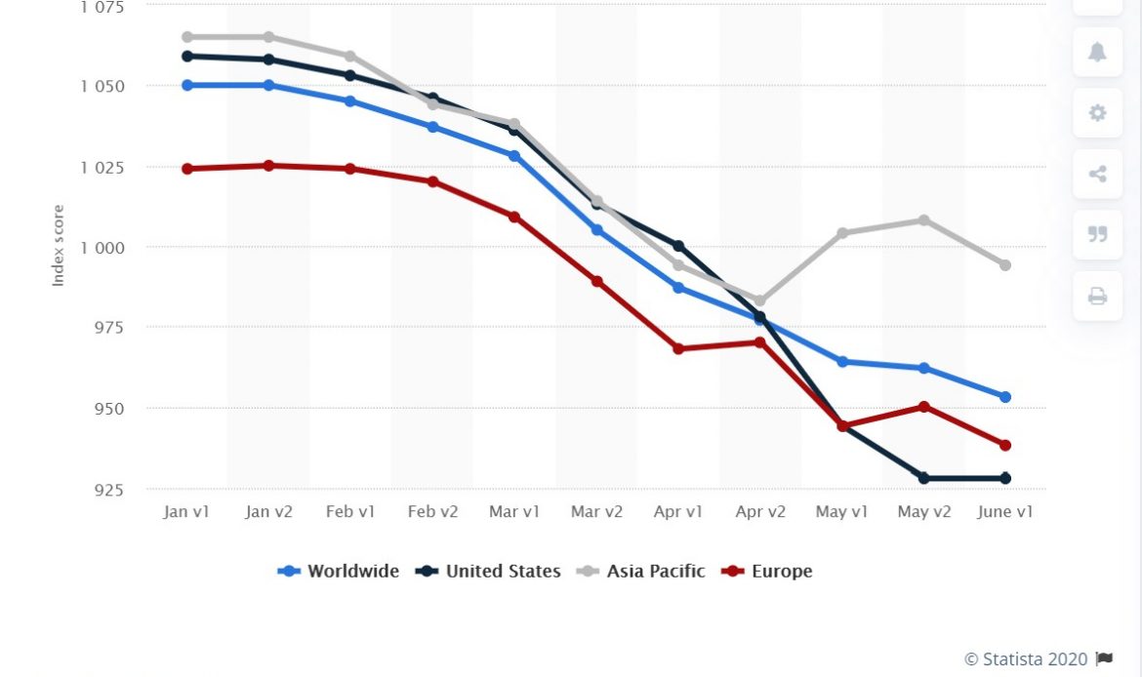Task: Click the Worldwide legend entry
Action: click(340, 572)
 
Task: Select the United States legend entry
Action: click(490, 572)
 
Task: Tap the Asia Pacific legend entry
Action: click(642, 572)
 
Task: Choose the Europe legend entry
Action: click(767, 572)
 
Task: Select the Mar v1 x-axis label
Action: click(514, 512)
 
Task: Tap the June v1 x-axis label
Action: click(1005, 512)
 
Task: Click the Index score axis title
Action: click(59, 245)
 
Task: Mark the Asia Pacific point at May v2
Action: click(923, 220)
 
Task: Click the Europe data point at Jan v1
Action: click(186, 169)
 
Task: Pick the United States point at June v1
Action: click(1005, 478)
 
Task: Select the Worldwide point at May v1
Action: click(842, 362)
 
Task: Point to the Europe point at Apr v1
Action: click(678, 348)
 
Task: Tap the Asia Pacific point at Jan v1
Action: click(186, 37)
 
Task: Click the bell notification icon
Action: click(1097, 52)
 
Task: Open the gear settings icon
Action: click(1097, 113)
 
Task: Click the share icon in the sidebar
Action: click(1097, 175)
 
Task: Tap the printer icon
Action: click(1097, 296)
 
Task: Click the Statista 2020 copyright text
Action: click(1027, 658)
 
